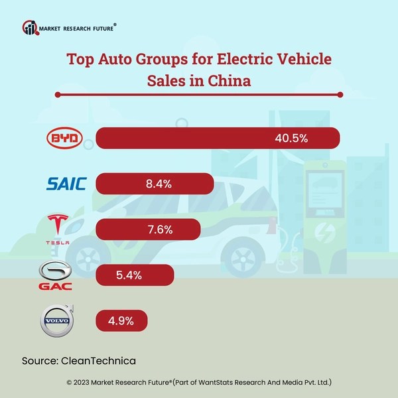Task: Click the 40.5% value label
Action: coord(293,139)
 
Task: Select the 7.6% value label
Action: coord(157,230)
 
